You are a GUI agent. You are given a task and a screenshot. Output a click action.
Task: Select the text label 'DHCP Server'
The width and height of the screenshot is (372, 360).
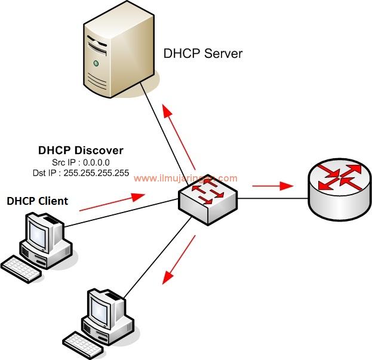[203, 54]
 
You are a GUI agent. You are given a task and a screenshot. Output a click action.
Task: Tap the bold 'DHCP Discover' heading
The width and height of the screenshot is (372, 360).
[81, 150]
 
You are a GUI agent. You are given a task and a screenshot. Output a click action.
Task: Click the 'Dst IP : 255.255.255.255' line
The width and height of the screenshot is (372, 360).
[81, 173]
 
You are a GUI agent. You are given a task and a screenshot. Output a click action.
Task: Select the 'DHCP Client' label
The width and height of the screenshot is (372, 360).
[37, 201]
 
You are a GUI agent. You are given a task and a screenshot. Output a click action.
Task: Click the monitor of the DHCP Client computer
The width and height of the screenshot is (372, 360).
[42, 232]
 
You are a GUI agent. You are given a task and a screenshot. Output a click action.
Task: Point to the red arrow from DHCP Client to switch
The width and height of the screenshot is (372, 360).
[112, 202]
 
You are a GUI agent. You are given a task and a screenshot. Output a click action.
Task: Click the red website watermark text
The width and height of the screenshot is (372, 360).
[185, 178]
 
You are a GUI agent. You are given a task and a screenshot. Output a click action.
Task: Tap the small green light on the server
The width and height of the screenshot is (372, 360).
[95, 63]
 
